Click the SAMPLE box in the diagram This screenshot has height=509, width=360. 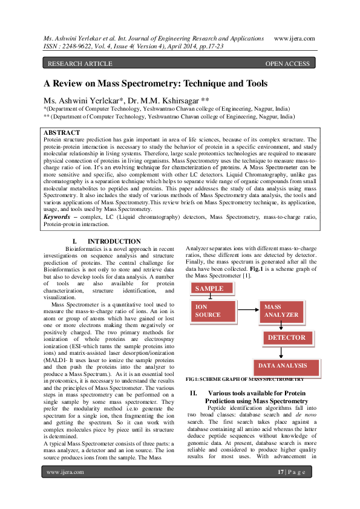pyautogui.click(x=212, y=288)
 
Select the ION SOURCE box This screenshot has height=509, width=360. pyautogui.click(x=214, y=311)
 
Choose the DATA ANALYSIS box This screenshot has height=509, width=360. pyautogui.click(x=287, y=367)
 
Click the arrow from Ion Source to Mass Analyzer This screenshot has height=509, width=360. pyautogui.click(x=248, y=310)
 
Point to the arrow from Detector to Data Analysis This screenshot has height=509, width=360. pyautogui.click(x=281, y=352)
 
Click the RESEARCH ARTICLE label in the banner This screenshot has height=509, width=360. pyautogui.click(x=80, y=63)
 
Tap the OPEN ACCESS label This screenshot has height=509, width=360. pyautogui.click(x=287, y=63)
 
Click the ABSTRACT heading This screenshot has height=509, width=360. pyautogui.click(x=62, y=132)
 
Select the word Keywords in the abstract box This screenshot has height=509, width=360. pyautogui.click(x=57, y=217)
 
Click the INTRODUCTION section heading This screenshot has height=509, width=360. pyautogui.click(x=114, y=242)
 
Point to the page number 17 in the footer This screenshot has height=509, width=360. pyautogui.click(x=280, y=472)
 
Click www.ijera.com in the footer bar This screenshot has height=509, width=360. pyautogui.click(x=65, y=472)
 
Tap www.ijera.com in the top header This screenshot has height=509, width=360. pyautogui.click(x=295, y=39)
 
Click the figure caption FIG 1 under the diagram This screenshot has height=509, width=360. pyautogui.click(x=244, y=379)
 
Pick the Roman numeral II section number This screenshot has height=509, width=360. pyautogui.click(x=194, y=393)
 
